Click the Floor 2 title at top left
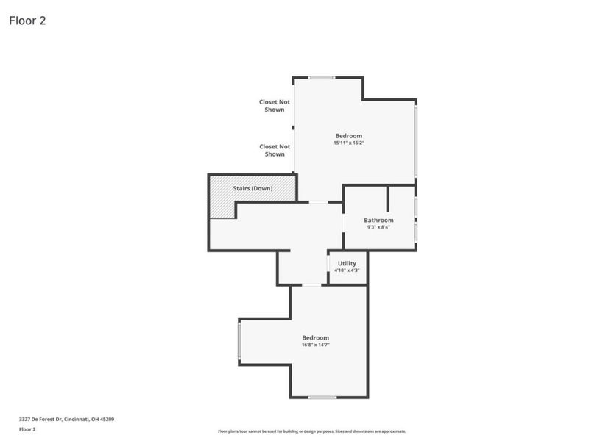27,21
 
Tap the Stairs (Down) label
253,189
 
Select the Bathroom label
378,220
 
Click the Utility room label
347,263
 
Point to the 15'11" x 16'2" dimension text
348,143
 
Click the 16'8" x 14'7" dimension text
315,345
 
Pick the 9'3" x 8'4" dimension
378,227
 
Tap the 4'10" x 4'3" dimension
347,270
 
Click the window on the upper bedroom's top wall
321,77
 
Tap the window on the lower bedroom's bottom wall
322,398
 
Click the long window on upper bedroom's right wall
415,141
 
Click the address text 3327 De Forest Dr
66,419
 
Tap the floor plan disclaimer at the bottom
311,431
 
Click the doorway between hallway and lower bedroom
312,285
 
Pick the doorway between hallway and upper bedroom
318,202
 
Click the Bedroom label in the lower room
315,337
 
